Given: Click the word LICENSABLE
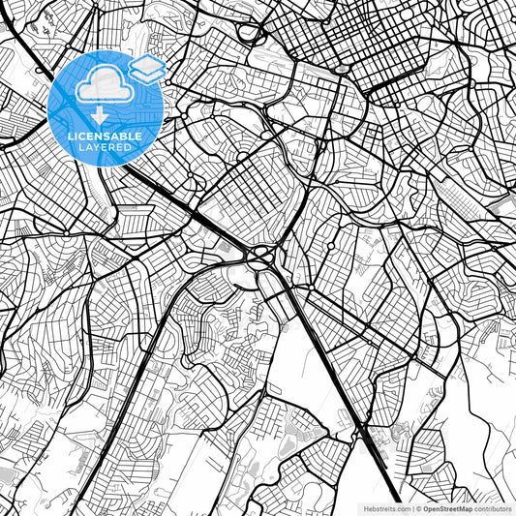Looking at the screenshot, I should point(106,137).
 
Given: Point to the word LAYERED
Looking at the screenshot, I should point(106,146).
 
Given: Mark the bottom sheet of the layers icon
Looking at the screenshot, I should point(147,75).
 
